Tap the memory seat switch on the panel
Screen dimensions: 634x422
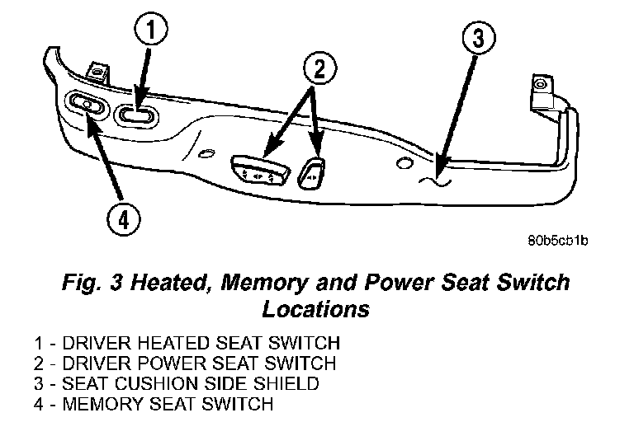tap(87, 104)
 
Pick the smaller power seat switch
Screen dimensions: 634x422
tap(312, 171)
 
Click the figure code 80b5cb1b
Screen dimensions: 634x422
tap(557, 241)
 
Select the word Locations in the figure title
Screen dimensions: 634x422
tap(315, 310)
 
